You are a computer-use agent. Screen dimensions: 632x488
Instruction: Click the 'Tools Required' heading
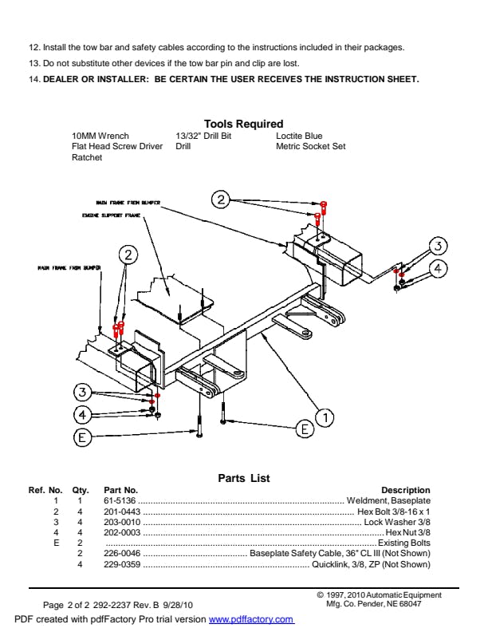click(243, 124)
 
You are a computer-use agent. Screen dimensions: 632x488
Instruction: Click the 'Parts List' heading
click(244, 478)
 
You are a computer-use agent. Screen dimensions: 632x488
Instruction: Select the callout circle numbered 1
click(325, 417)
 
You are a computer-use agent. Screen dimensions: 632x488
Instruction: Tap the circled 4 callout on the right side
click(438, 268)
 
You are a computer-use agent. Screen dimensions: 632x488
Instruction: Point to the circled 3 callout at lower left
click(82, 392)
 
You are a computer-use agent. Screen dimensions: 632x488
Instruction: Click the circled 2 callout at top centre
click(222, 199)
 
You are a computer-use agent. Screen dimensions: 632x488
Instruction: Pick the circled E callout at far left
click(81, 436)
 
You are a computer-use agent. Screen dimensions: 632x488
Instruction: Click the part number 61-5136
click(121, 500)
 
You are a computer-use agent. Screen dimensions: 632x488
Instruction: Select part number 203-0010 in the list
click(122, 522)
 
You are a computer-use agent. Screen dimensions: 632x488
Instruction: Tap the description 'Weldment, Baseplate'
click(388, 500)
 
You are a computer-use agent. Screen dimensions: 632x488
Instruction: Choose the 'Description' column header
click(405, 490)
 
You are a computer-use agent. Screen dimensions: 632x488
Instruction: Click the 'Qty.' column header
click(80, 490)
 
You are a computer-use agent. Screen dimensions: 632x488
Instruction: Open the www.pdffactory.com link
click(251, 620)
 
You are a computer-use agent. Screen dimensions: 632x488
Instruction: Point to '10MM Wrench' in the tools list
click(100, 136)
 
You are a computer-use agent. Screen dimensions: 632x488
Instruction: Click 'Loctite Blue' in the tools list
click(299, 136)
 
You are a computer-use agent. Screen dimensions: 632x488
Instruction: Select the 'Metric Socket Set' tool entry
click(311, 147)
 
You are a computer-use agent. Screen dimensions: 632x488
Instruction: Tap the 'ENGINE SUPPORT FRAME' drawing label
click(111, 215)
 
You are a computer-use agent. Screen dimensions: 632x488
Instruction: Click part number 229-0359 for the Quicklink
click(122, 564)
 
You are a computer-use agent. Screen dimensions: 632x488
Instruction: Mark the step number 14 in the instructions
click(33, 79)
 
